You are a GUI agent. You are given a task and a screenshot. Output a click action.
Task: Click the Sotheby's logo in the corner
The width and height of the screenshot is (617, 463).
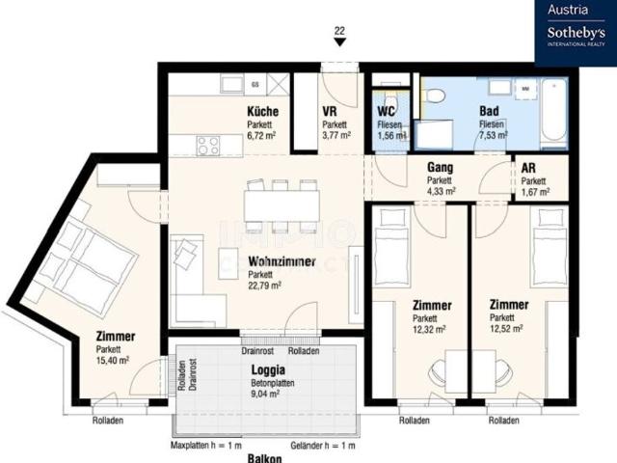(575, 33)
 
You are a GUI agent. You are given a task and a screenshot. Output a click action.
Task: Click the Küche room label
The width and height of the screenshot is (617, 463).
(261, 112)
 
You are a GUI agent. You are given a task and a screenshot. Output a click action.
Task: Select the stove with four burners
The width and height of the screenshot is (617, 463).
(207, 146)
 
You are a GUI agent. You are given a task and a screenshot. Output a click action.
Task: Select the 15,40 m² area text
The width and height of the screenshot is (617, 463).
(113, 360)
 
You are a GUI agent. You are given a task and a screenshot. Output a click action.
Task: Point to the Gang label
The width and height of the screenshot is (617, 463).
(440, 168)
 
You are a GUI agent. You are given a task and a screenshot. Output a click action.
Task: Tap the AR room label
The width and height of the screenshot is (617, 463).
(530, 168)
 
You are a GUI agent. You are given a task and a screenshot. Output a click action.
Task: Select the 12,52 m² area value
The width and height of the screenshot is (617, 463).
(507, 329)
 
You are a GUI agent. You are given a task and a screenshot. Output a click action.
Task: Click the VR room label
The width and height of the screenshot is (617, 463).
(331, 112)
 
